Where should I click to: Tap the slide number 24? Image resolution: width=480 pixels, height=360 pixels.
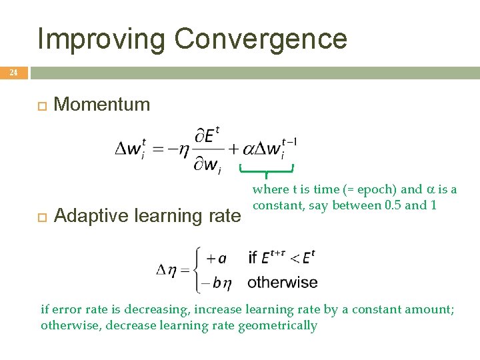pos(13,73)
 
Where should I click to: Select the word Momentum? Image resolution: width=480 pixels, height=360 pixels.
pos(102,104)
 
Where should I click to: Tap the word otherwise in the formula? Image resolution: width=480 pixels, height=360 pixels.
pos(283,282)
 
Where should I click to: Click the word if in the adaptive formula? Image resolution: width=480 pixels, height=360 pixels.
pos(253,257)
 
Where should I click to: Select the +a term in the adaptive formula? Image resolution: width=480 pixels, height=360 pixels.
pos(215,258)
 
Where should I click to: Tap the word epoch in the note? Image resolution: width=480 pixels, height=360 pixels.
pos(374,189)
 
